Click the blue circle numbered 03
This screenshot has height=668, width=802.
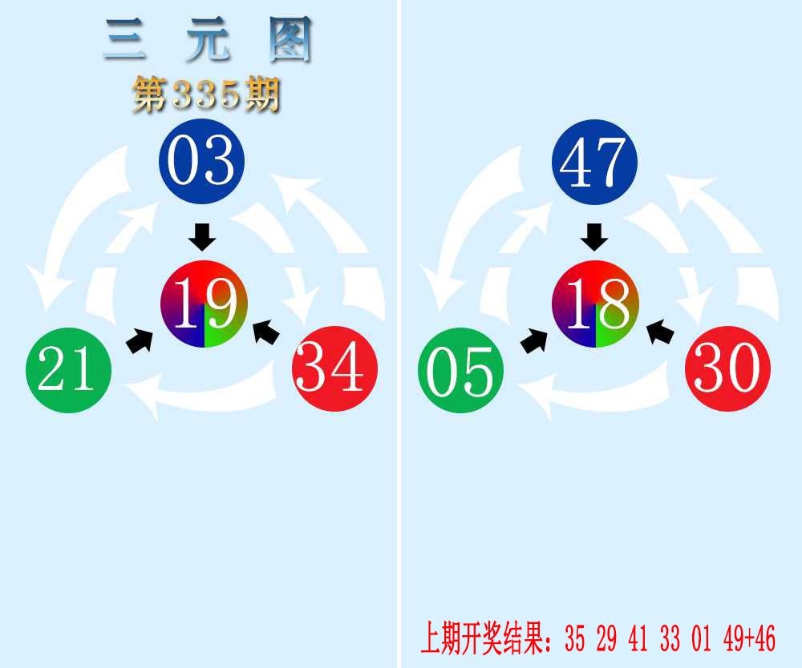coord(202,161)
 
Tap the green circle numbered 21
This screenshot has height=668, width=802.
coord(68,370)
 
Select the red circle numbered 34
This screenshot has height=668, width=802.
coord(335,368)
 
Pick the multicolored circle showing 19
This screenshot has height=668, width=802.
coord(204,304)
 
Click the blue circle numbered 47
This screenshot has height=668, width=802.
coord(594,161)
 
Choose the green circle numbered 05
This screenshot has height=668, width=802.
coord(461,370)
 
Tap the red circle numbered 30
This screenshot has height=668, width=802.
coord(728,368)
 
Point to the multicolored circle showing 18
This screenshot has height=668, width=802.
coord(595,304)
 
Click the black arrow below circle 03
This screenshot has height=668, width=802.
coord(202,237)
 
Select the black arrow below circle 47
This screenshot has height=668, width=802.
coord(594,237)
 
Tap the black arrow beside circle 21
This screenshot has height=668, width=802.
coord(140,340)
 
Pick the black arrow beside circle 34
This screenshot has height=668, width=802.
coord(266,332)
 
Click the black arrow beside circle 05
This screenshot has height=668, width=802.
coord(534,340)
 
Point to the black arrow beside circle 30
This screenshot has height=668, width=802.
coord(660,332)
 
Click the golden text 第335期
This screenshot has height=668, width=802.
coord(207,95)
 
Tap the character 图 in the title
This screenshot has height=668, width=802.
coord(290,39)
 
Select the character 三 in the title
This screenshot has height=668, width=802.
coord(124,39)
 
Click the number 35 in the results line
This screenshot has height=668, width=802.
coord(575,638)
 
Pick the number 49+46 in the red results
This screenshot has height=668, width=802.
coord(750,638)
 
